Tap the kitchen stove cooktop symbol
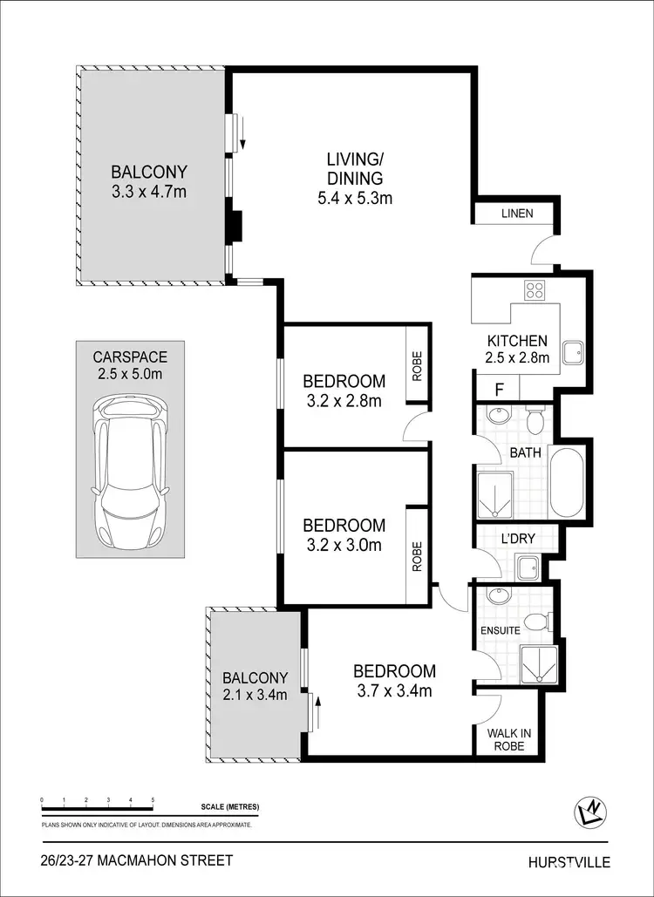[534, 291]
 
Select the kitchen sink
[572, 353]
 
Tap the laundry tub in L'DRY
[528, 569]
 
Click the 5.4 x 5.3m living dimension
[355, 198]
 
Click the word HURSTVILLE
[569, 862]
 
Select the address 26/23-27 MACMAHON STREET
[137, 860]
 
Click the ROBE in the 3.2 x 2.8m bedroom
[417, 367]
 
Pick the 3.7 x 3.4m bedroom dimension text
[394, 692]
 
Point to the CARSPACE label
[129, 357]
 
